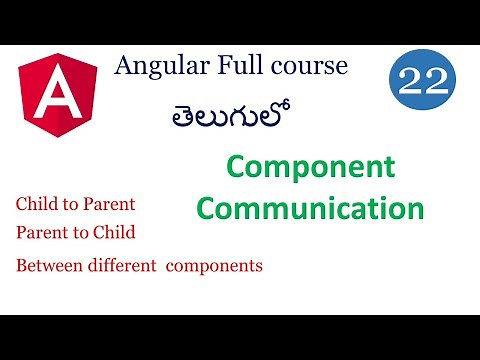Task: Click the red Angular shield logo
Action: (x=58, y=96)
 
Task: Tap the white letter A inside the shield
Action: (x=58, y=96)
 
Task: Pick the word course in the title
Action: (x=305, y=67)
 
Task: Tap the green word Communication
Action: (x=310, y=209)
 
